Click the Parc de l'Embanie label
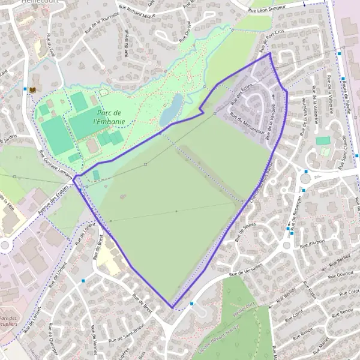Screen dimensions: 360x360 pyautogui.click(x=109, y=116)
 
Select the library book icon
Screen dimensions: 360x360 pyautogui.click(x=32, y=89)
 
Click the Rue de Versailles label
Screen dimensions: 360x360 pyautogui.click(x=246, y=269)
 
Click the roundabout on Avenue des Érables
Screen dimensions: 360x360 pyautogui.click(x=5, y=245)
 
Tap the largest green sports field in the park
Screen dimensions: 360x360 pyautogui.click(x=58, y=134)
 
